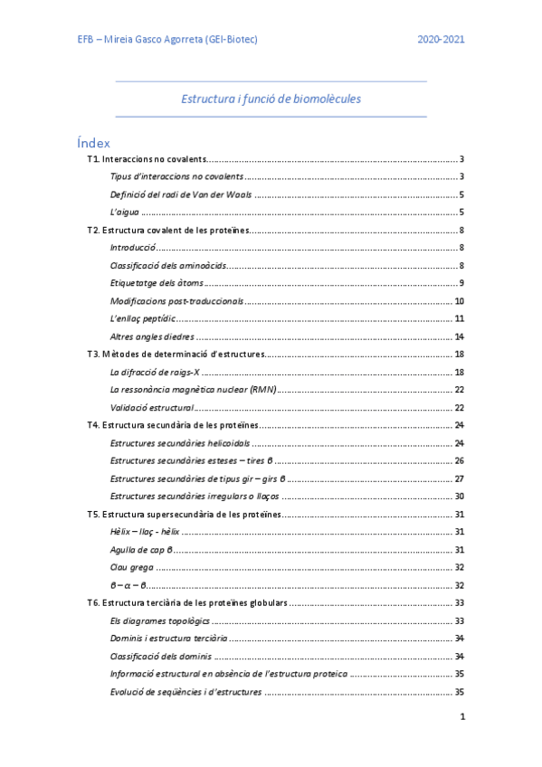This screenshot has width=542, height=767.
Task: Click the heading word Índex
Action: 94,142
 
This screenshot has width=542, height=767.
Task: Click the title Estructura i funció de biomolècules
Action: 271,98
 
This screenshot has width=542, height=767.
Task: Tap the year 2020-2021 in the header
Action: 442,40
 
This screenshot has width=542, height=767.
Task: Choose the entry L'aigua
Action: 125,213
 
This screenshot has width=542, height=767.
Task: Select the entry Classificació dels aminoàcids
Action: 167,266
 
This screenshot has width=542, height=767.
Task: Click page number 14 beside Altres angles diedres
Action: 460,336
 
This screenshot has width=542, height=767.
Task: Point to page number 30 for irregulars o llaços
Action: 460,496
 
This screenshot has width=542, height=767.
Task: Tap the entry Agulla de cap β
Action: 141,550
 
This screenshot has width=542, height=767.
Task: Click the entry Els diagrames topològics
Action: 159,620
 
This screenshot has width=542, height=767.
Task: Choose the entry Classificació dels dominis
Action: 161,656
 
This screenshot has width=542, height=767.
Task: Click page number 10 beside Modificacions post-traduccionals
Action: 460,301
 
